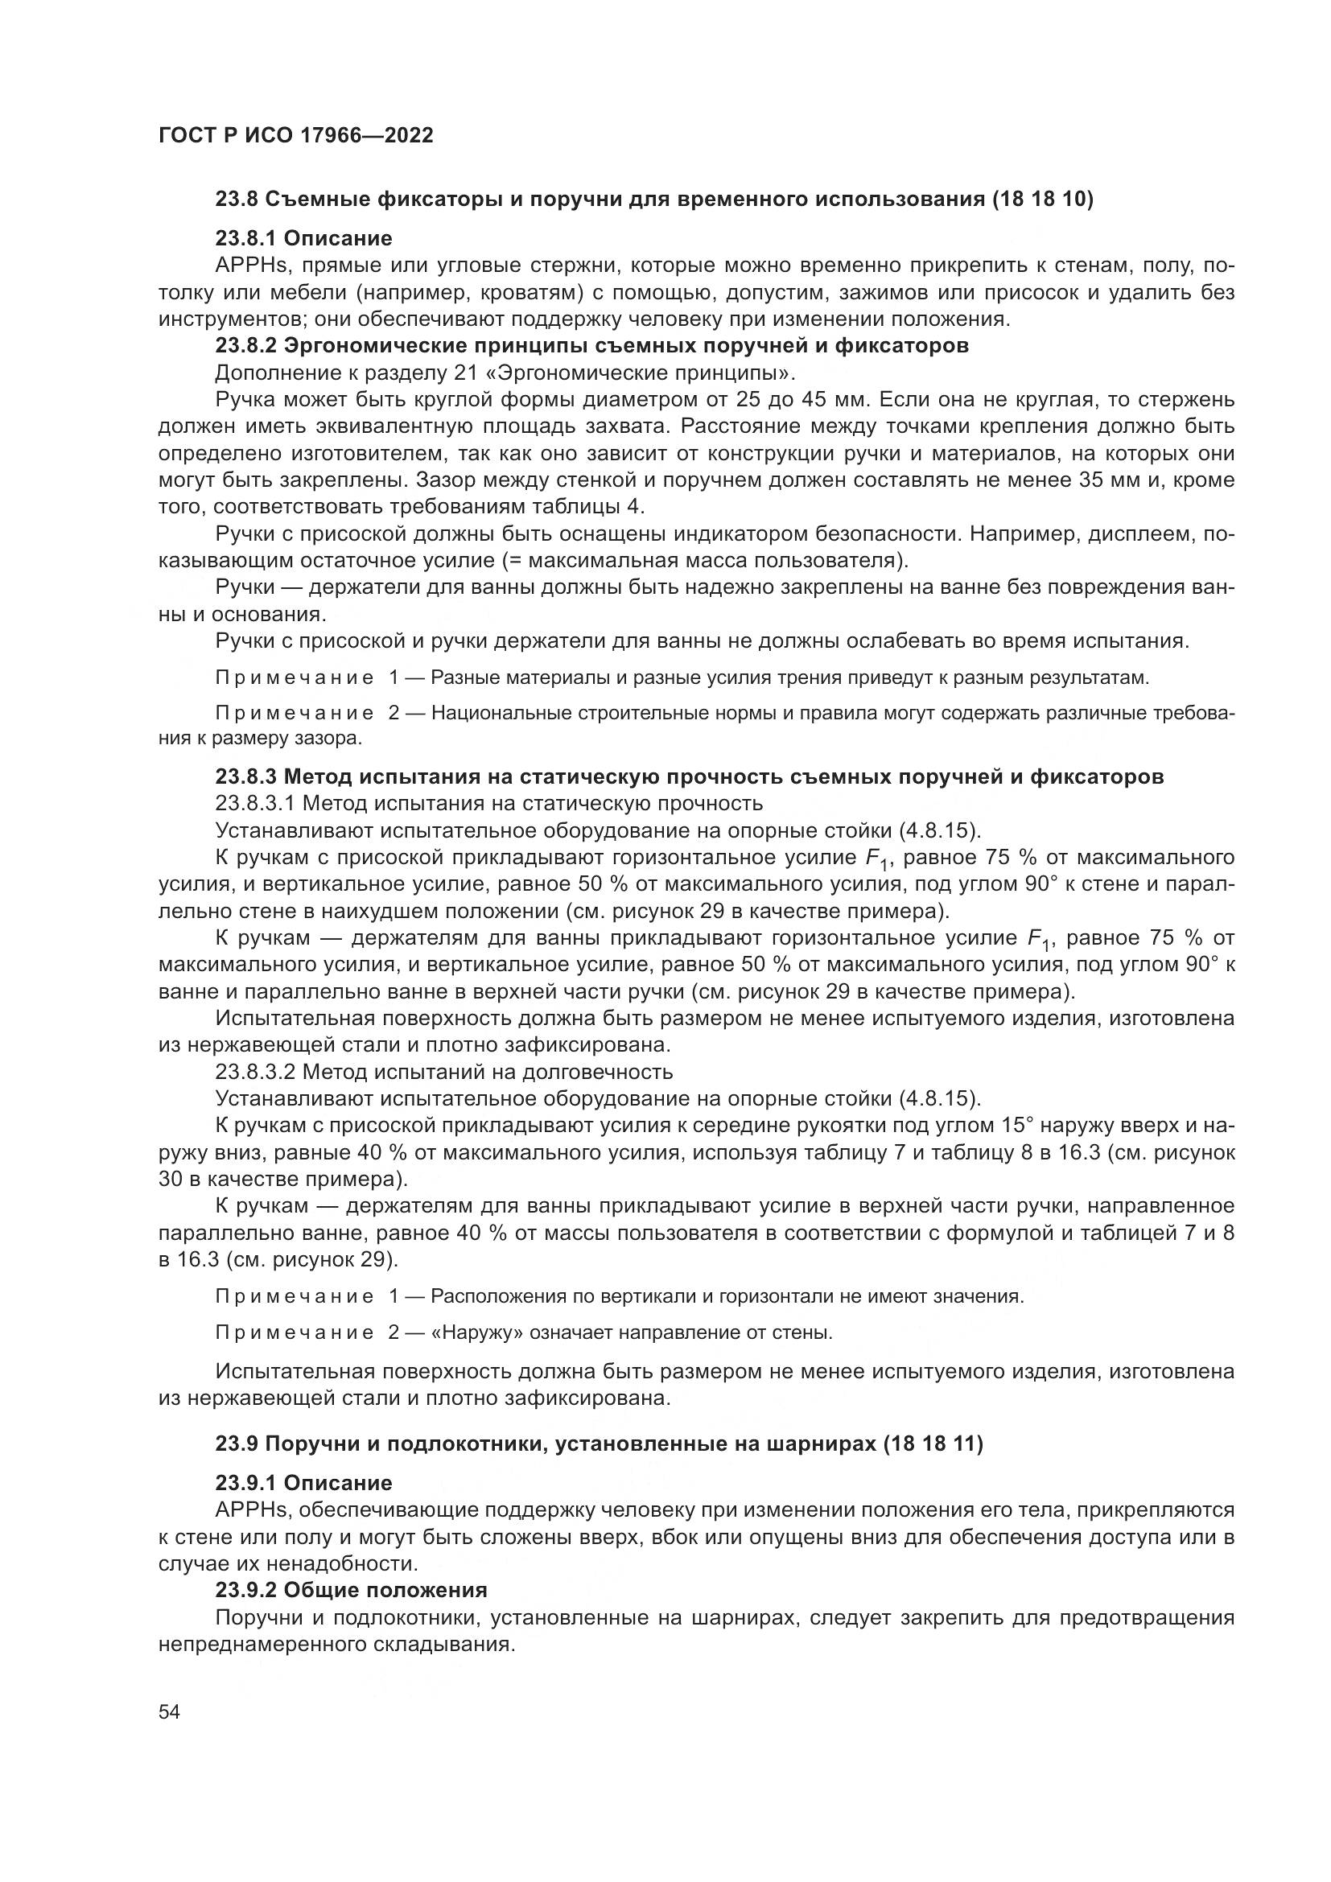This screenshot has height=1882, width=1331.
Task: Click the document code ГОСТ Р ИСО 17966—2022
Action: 295,135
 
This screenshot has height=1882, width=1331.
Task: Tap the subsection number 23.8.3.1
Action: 256,803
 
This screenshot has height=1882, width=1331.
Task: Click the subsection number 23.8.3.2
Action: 256,1072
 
